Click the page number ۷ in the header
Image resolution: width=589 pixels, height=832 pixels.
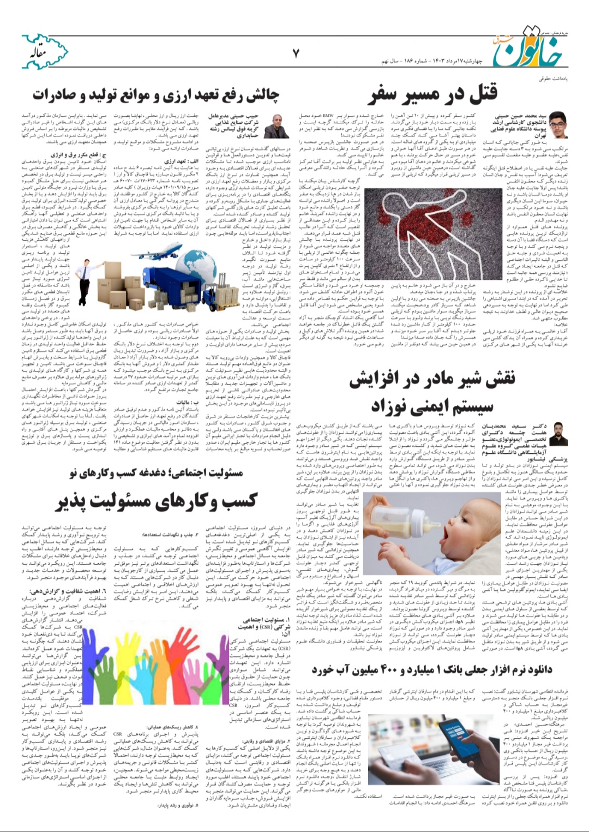[x=296, y=53]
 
